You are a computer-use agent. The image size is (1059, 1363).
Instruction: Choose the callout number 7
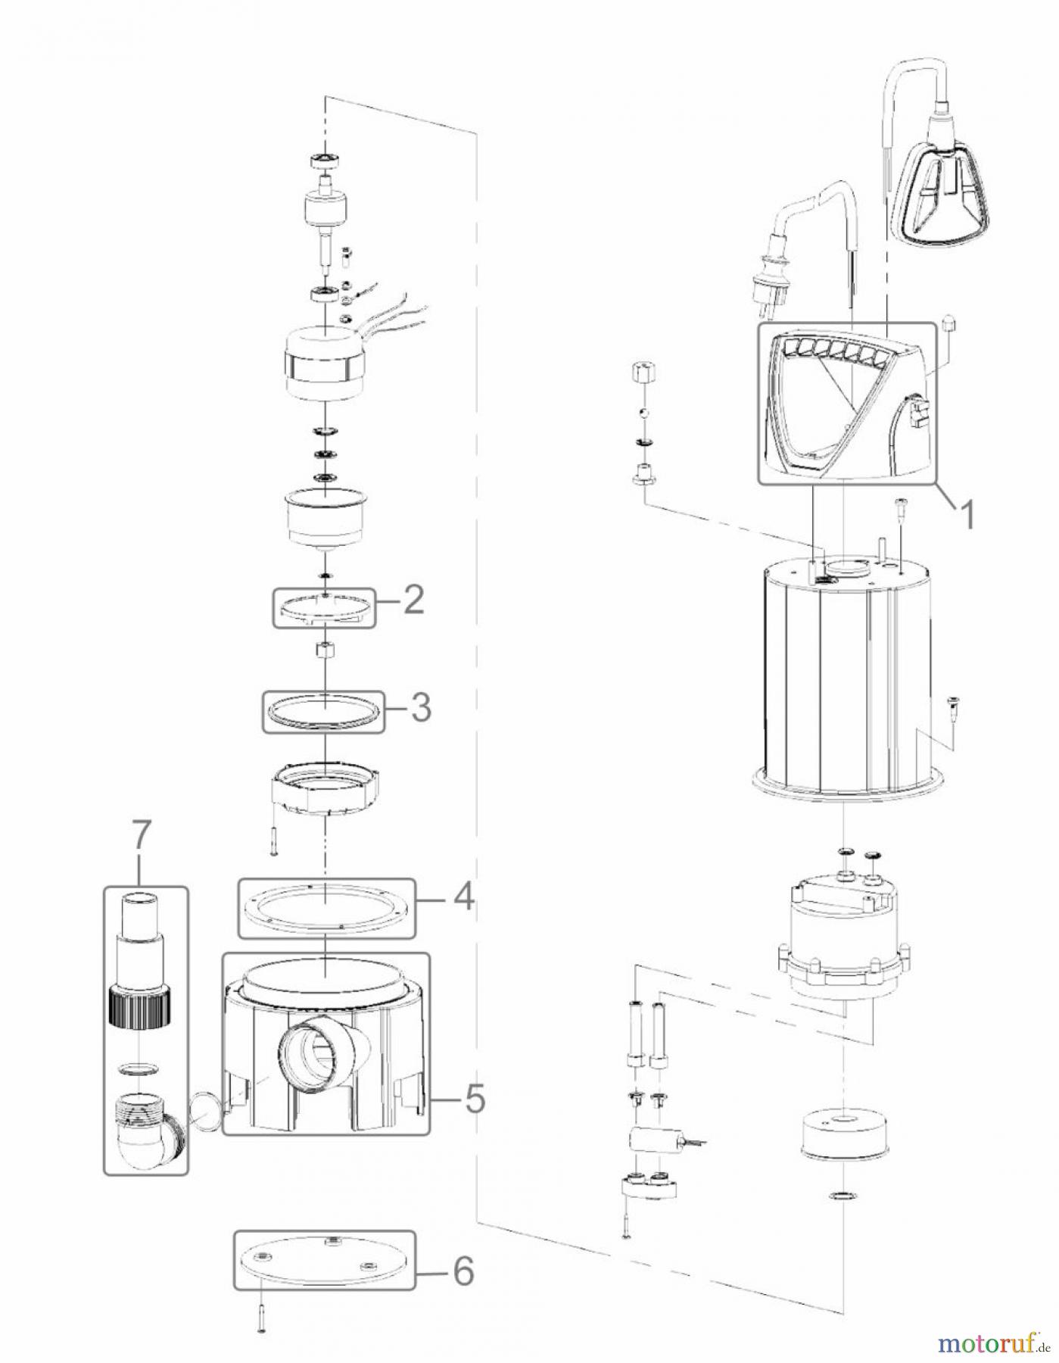(142, 839)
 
